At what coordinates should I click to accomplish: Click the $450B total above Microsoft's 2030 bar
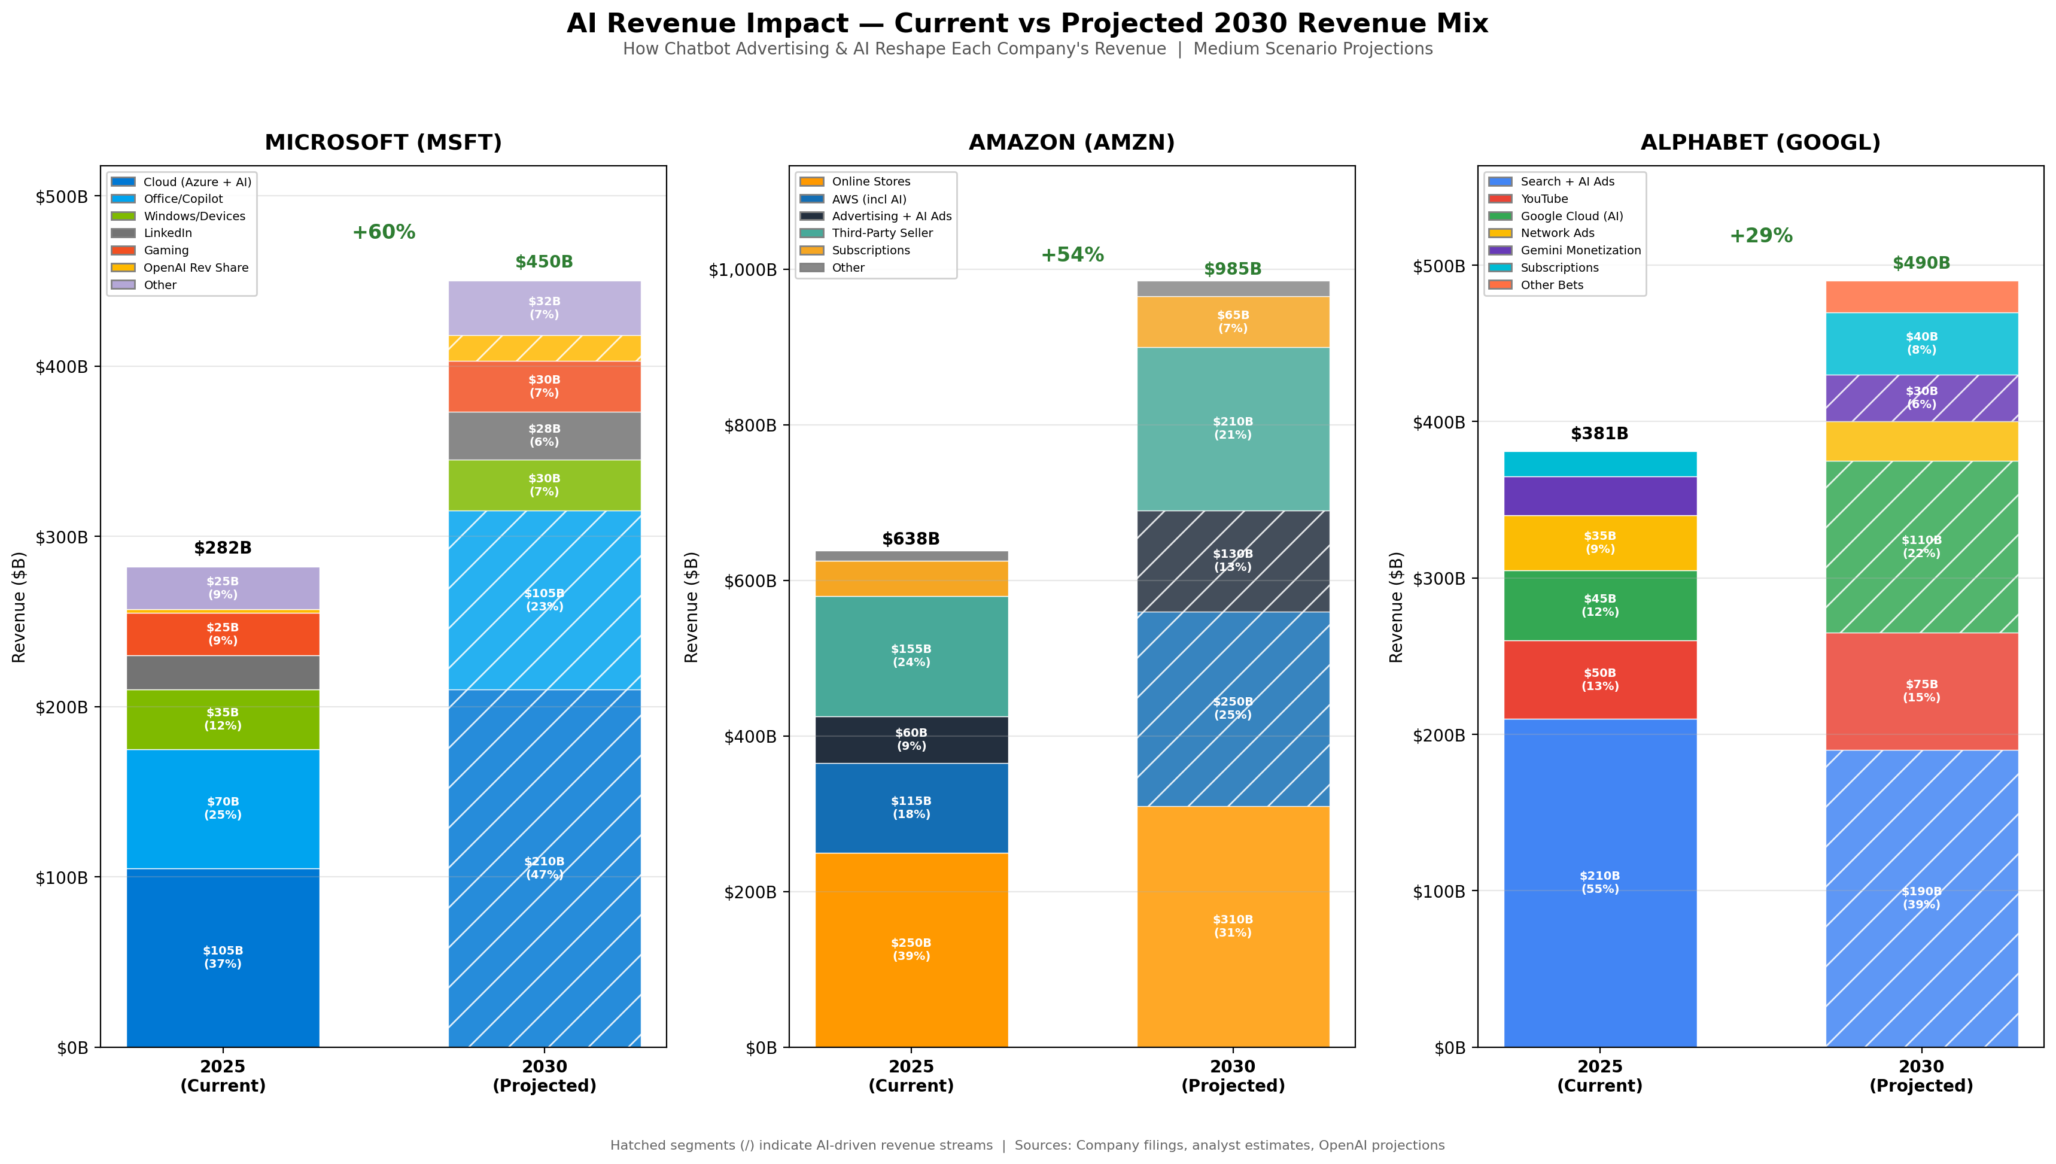(x=543, y=262)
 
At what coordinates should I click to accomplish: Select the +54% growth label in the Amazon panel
(x=1072, y=254)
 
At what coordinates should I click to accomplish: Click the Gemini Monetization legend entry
(x=1580, y=250)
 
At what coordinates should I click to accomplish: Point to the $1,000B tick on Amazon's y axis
(x=743, y=269)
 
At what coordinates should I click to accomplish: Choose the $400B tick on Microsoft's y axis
(x=62, y=367)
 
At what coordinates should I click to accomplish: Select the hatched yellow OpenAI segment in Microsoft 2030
(x=543, y=348)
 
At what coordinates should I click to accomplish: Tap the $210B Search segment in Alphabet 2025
(x=1599, y=882)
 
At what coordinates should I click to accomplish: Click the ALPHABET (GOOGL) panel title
(x=1760, y=142)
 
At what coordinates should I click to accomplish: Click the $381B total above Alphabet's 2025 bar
(x=1599, y=433)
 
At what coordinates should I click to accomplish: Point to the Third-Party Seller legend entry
(x=881, y=233)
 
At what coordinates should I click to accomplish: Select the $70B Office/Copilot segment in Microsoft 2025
(x=223, y=807)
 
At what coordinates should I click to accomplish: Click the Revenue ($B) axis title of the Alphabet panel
(x=1395, y=607)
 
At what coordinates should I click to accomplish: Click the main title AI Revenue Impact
(x=1027, y=23)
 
